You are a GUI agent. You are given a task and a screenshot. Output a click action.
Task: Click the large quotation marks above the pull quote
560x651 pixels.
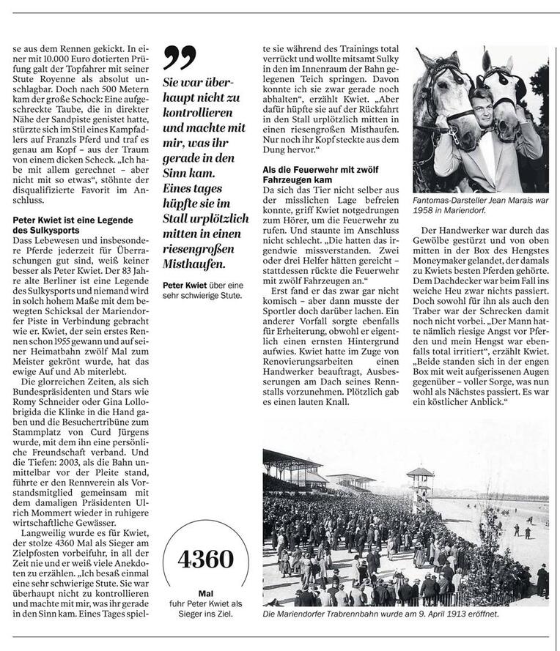[x=180, y=57]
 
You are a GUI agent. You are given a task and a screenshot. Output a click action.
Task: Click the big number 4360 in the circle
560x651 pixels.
[x=205, y=559]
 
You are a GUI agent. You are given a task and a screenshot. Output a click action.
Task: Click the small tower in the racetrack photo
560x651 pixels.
[x=420, y=483]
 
